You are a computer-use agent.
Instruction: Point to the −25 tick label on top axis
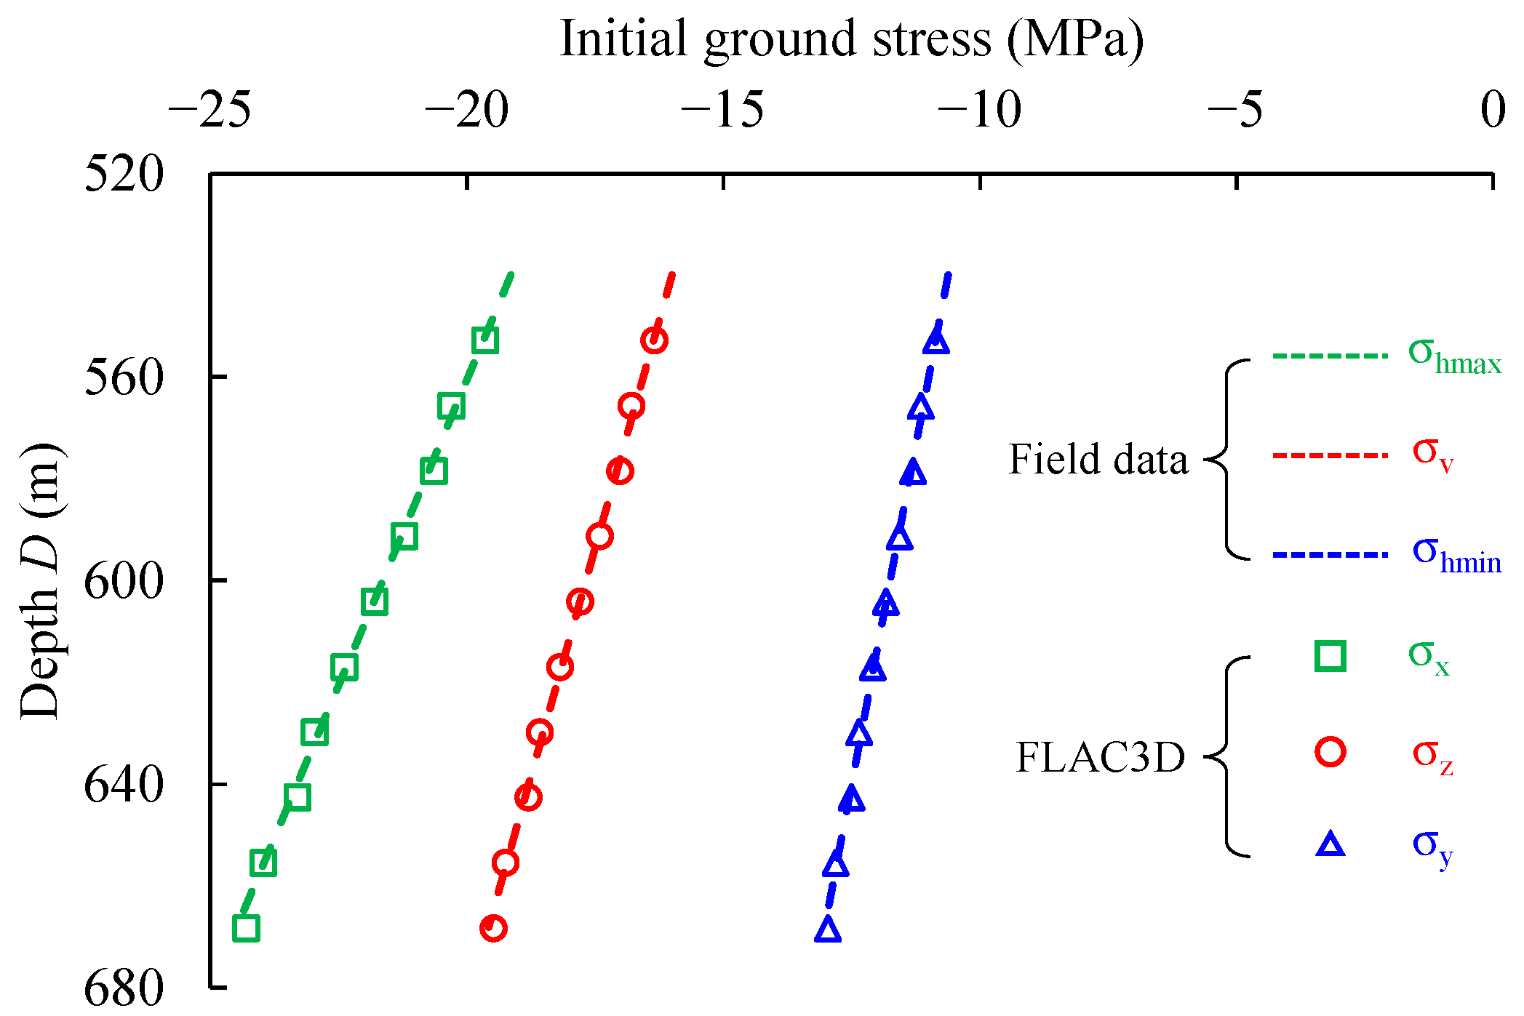[x=210, y=111]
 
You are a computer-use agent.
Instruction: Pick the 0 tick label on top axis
[x=1493, y=111]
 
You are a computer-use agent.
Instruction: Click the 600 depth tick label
[x=124, y=581]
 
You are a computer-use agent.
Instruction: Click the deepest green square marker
[x=246, y=929]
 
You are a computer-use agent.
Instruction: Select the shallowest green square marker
[x=485, y=340]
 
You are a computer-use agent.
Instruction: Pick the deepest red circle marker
[x=493, y=928]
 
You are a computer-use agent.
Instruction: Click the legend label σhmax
[x=1455, y=356]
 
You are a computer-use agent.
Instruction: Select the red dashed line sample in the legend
[x=1330, y=456]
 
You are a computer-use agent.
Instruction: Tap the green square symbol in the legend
[x=1330, y=655]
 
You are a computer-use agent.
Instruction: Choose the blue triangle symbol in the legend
[x=1330, y=844]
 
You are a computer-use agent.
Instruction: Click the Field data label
[x=1098, y=460]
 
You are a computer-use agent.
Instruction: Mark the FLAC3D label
[x=1100, y=757]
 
